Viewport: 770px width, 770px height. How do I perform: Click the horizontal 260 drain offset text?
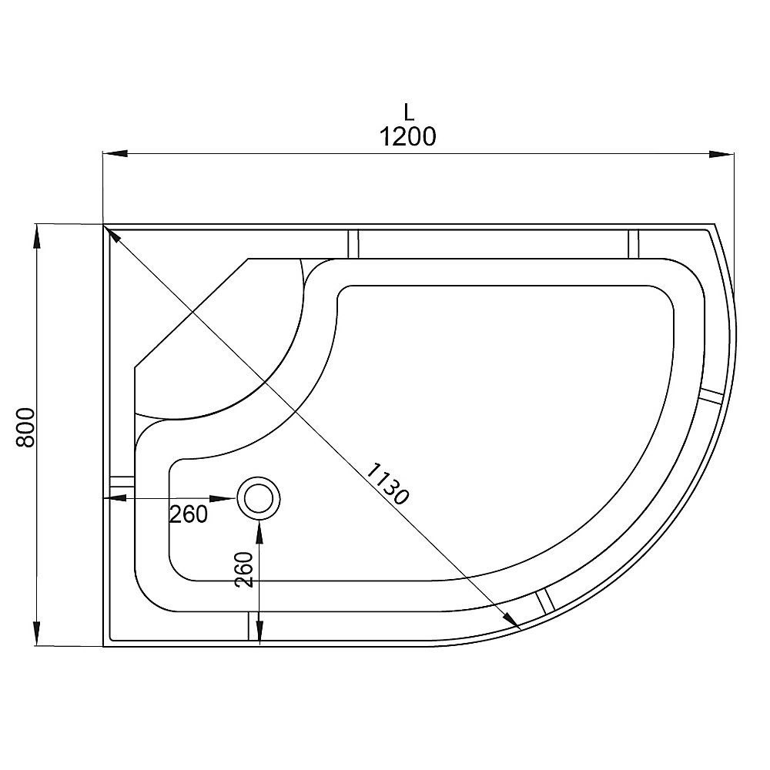click(x=189, y=514)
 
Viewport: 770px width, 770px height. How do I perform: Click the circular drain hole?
click(x=259, y=497)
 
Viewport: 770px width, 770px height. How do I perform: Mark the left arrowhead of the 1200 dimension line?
click(x=115, y=153)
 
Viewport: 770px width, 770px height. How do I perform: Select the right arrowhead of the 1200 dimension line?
click(x=721, y=153)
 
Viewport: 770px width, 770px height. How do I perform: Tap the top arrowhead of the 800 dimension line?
click(x=36, y=236)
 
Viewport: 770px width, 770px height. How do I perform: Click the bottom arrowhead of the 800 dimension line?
click(x=36, y=634)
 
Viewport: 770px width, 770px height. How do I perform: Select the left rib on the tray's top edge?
click(x=353, y=243)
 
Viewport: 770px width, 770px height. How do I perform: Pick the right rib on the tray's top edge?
click(x=634, y=243)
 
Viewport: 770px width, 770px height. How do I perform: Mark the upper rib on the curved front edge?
click(x=712, y=395)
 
